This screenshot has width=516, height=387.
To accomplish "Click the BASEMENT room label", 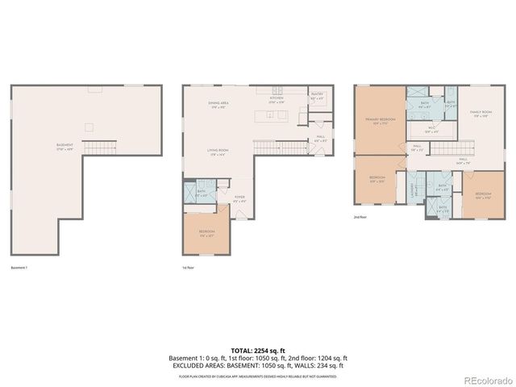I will (x=64, y=145).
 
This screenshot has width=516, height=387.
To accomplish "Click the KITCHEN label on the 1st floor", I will (x=277, y=101).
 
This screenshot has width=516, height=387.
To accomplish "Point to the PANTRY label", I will (x=317, y=94).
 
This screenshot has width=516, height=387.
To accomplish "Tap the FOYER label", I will (x=239, y=198).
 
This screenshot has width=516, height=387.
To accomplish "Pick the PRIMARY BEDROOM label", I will (x=378, y=122).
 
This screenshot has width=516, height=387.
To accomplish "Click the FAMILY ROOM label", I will (x=481, y=114).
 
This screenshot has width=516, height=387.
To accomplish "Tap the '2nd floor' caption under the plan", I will (x=360, y=217).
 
